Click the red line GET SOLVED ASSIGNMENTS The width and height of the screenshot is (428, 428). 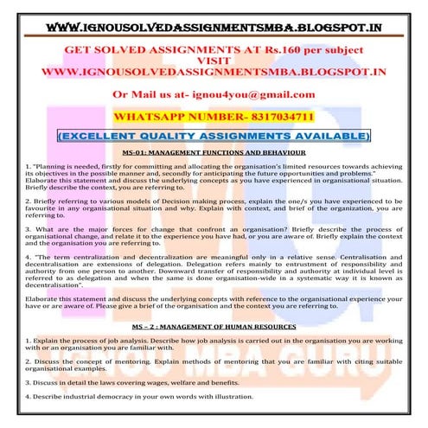click(214, 50)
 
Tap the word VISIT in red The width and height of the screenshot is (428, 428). click(214, 61)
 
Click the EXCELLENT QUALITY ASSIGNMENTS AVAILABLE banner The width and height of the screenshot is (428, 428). click(214, 136)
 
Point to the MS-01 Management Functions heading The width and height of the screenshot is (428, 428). click(214, 151)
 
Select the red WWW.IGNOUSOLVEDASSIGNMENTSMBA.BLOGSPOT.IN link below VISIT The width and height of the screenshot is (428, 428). click(214, 73)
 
